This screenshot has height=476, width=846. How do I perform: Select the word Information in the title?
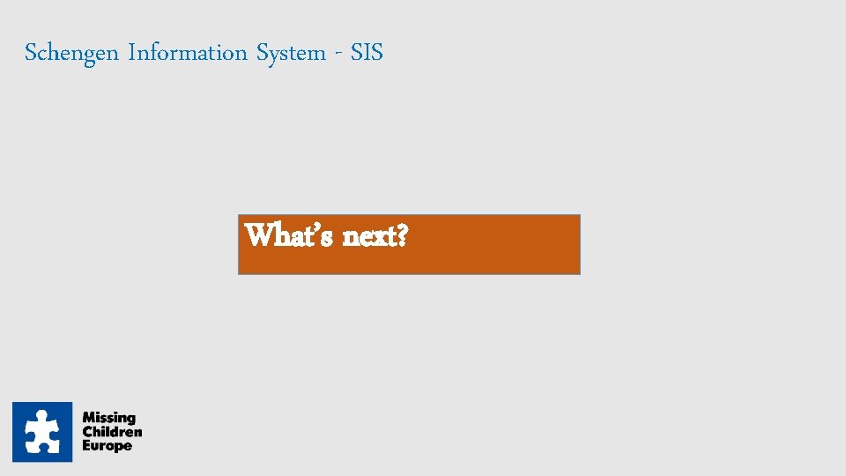tap(188, 53)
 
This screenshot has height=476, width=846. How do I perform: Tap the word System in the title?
tap(291, 54)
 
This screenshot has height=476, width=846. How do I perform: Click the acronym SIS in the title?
tap(367, 53)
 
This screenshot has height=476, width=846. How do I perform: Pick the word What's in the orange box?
tap(287, 236)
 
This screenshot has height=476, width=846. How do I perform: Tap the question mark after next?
tap(401, 236)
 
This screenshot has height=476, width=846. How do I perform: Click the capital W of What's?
tap(257, 236)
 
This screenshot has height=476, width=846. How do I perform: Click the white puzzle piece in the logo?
tap(42, 432)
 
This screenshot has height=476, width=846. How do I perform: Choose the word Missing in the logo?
tap(108, 418)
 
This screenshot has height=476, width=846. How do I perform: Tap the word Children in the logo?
tap(112, 432)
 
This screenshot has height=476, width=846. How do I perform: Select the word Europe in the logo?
tap(107, 446)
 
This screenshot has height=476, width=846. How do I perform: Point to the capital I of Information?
tap(131, 53)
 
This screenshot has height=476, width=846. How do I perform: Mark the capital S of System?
tap(263, 53)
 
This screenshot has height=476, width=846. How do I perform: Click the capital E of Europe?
tap(86, 446)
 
